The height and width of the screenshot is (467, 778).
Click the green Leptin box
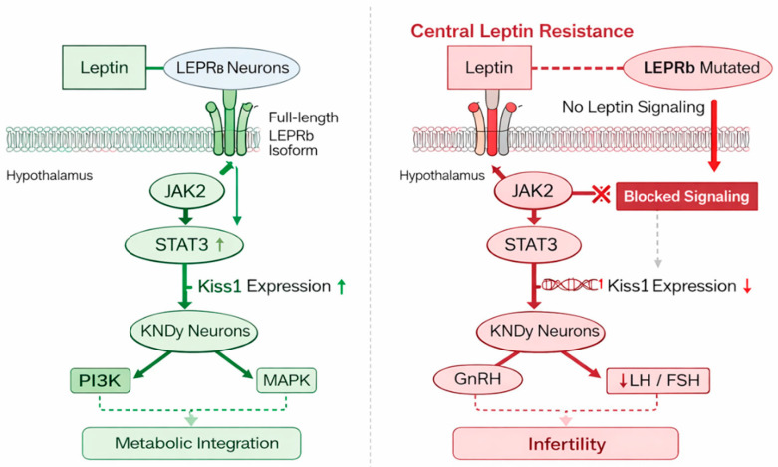tap(105, 67)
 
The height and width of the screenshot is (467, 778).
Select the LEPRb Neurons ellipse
tap(232, 68)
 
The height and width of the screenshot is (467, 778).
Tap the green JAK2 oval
tap(186, 191)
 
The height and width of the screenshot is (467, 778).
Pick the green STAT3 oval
tap(184, 244)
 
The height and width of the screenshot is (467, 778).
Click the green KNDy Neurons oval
tap(194, 331)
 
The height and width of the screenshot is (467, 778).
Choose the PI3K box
tap(101, 380)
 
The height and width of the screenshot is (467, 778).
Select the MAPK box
tap(286, 380)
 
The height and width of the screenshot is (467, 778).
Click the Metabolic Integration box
tap(191, 443)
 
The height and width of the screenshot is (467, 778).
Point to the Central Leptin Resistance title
tap(522, 31)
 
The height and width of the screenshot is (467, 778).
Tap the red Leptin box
tap(490, 67)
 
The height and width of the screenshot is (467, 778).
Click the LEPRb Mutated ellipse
tap(697, 68)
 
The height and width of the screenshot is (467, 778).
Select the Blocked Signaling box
tap(686, 196)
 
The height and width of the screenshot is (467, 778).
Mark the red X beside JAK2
tap(602, 194)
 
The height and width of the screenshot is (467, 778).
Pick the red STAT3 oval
tap(533, 244)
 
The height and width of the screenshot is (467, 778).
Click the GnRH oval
tap(478, 380)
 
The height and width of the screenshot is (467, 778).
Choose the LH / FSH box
tap(657, 380)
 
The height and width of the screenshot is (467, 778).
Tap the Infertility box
tap(566, 443)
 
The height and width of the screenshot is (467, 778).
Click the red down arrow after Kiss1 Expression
tap(747, 286)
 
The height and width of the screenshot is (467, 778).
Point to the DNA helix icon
tap(572, 285)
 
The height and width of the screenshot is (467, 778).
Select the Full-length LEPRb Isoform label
tap(303, 133)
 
